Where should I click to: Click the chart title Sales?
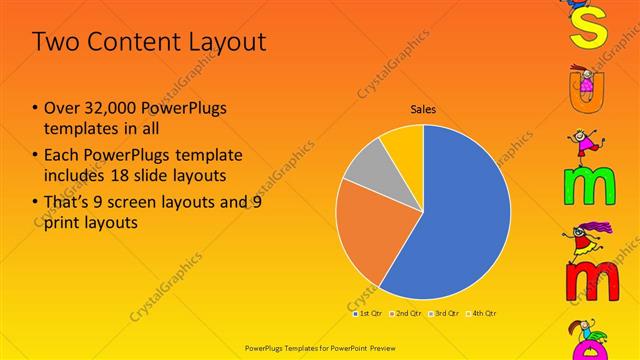pos(423,110)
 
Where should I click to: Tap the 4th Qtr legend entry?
pos(483,313)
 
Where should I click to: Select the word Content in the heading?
pos(140,42)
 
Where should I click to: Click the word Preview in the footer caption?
pos(378,346)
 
